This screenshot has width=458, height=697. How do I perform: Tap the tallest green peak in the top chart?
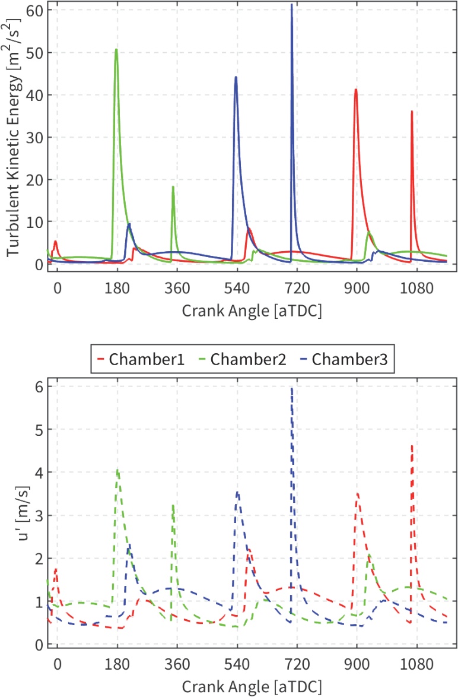(x=116, y=49)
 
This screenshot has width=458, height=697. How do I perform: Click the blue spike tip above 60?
(x=291, y=5)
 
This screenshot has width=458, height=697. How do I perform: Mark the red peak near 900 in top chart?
(x=355, y=90)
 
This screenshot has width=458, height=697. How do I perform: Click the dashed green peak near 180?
(x=117, y=470)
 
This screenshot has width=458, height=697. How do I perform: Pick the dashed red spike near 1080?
(x=412, y=445)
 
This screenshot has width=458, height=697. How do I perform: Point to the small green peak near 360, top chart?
(x=173, y=187)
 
